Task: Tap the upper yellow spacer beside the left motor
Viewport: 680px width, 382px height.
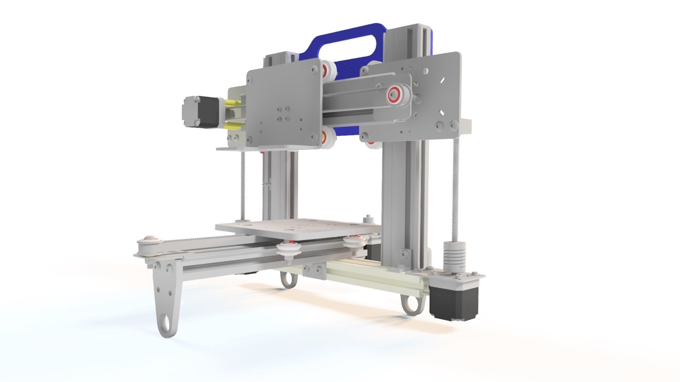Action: (x=232, y=103)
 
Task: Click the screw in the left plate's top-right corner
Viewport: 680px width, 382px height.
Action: (x=313, y=70)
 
